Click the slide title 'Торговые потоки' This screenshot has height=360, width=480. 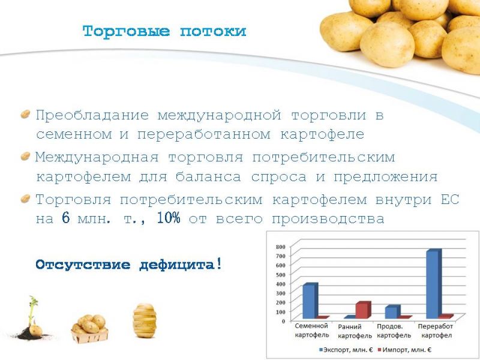[164, 31]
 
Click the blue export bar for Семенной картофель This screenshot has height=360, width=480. [310, 301]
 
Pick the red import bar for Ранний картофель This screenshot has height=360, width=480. [364, 310]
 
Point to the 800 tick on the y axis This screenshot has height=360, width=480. [280, 247]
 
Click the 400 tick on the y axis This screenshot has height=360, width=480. [280, 284]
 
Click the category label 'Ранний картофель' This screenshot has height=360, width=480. [355, 331]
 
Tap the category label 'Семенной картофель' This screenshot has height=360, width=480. [311, 331]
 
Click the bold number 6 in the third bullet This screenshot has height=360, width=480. [66, 218]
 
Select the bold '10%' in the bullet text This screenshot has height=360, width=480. [169, 218]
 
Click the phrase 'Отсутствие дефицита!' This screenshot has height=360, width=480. [128, 264]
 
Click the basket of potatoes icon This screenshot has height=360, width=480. [89, 328]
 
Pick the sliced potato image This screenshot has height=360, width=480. [145, 320]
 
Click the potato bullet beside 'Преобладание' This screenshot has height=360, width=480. [25, 114]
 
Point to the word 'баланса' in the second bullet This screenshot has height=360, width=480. [208, 177]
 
